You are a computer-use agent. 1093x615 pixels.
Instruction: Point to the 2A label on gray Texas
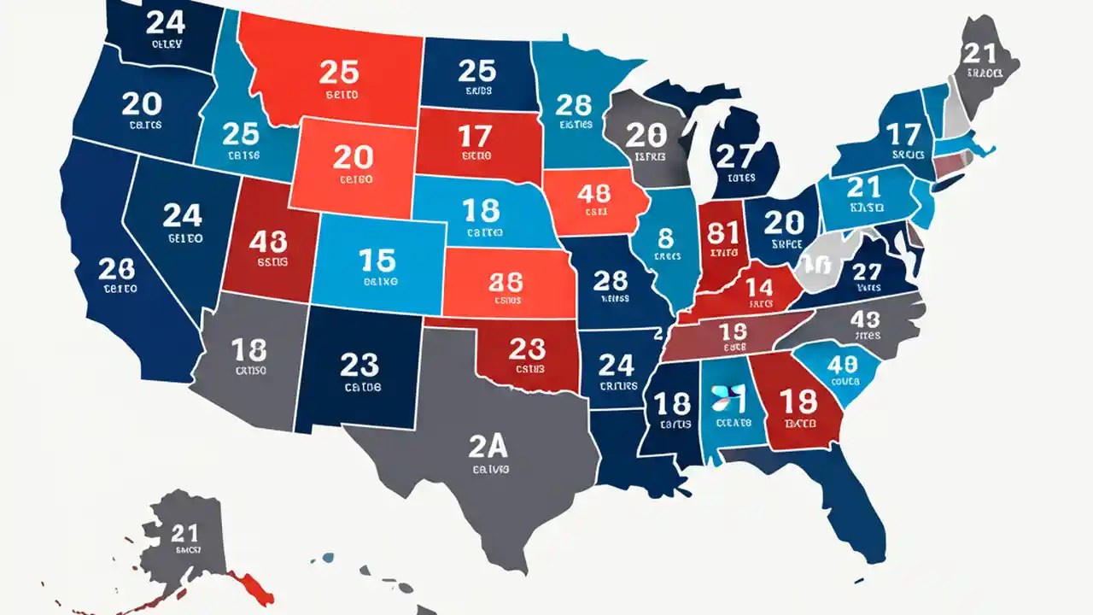pyautogui.click(x=489, y=444)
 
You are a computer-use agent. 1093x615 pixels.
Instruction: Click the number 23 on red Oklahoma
pyautogui.click(x=526, y=348)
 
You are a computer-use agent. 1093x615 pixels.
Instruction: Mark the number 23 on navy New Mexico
pyautogui.click(x=359, y=365)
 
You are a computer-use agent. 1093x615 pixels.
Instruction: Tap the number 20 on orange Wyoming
pyautogui.click(x=353, y=157)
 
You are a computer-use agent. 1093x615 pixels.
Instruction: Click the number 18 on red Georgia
pyautogui.click(x=799, y=401)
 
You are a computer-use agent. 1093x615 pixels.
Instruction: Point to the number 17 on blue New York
pyautogui.click(x=903, y=134)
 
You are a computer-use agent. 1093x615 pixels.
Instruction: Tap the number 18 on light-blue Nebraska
pyautogui.click(x=480, y=209)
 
